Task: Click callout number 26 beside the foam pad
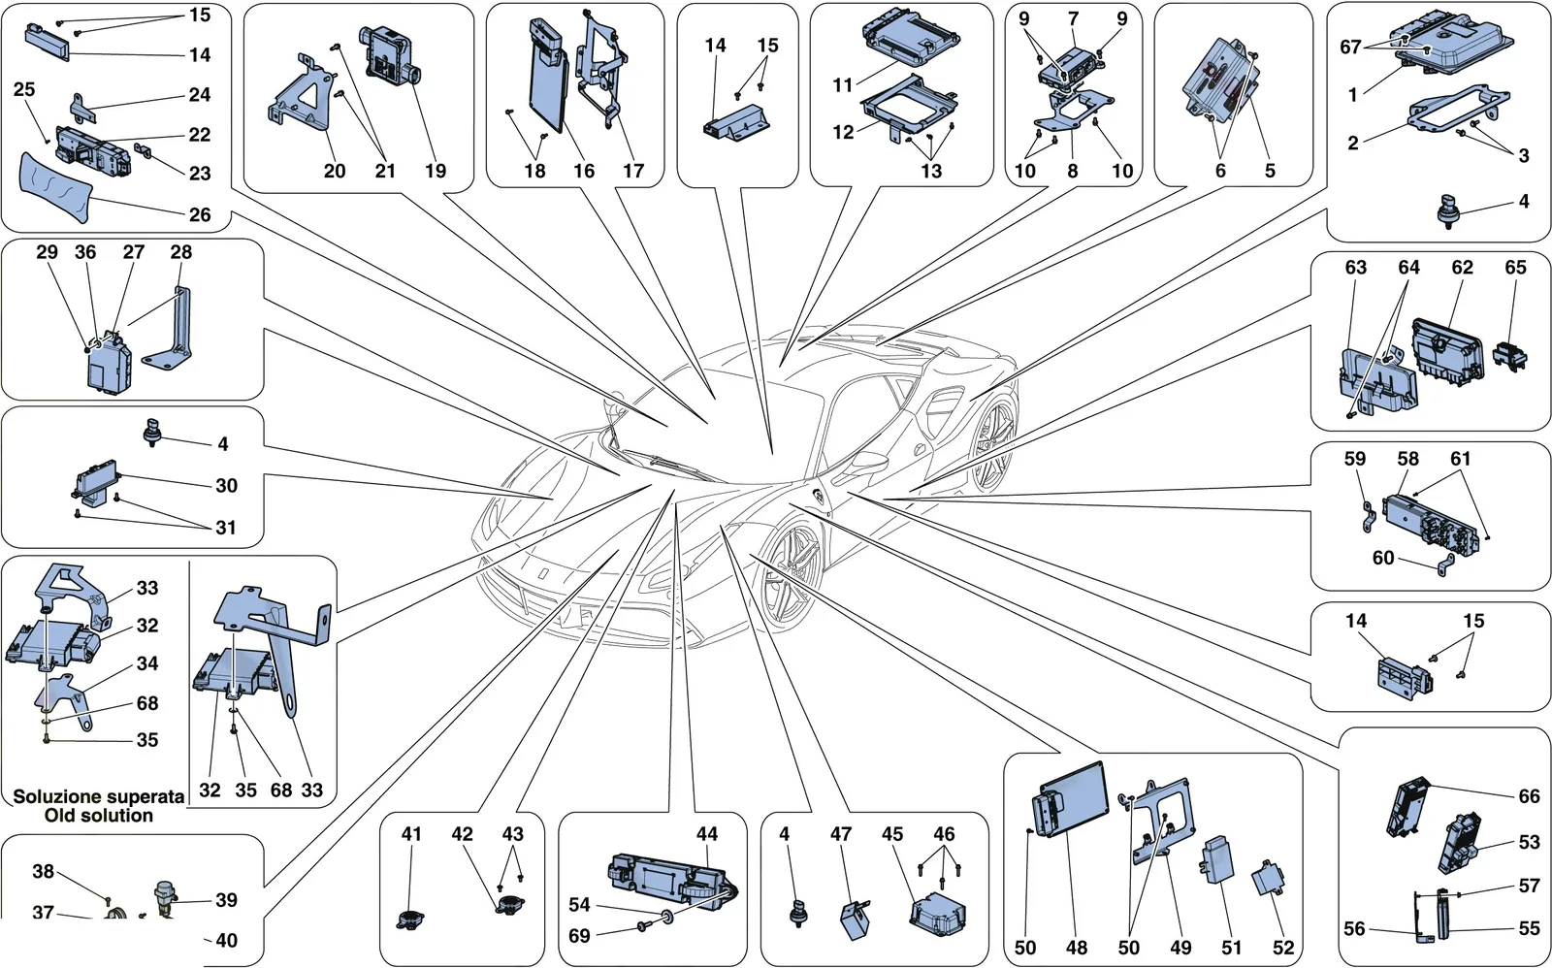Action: pos(200,214)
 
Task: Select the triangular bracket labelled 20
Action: pos(300,96)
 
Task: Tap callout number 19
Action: pos(436,171)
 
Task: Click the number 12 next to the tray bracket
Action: pos(843,132)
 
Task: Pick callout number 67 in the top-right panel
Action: pos(1350,48)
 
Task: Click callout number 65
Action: pos(1515,268)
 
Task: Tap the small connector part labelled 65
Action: pos(1509,355)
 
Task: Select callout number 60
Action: pos(1383,557)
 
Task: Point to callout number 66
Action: pos(1529,796)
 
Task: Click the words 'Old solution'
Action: pos(98,816)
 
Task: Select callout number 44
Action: pos(707,834)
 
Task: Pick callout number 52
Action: pos(1283,948)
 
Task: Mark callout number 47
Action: pos(840,834)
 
